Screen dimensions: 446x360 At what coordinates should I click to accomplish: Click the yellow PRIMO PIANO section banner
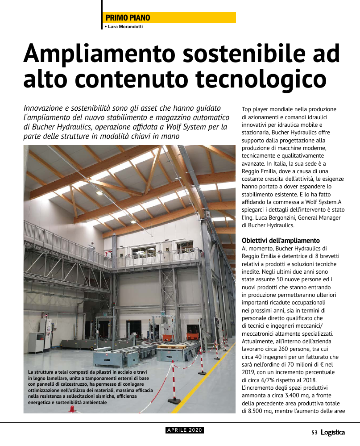point(170,17)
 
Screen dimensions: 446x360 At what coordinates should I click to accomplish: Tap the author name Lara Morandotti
point(125,27)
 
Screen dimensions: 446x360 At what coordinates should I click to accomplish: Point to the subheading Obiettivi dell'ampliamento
point(281,241)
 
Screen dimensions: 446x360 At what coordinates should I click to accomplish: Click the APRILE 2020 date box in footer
point(185,430)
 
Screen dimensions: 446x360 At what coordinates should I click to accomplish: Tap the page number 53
point(314,432)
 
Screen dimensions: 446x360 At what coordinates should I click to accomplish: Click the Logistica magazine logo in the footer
point(333,432)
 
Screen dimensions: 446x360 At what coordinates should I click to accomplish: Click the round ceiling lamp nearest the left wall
point(99,193)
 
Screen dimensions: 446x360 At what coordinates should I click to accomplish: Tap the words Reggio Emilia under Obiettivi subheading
point(261,256)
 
